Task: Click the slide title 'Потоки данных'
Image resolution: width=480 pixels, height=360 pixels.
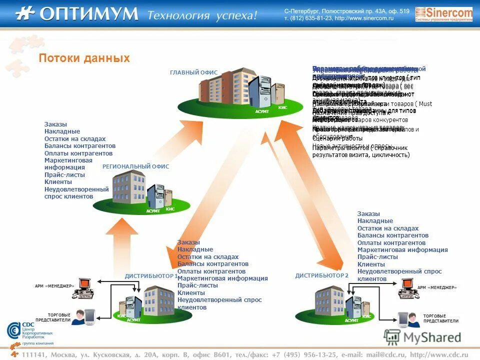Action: (x=84, y=58)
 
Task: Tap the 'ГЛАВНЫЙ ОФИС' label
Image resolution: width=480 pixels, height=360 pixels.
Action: (x=193, y=72)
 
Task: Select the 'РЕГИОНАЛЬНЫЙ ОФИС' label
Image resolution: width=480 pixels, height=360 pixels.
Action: (x=135, y=166)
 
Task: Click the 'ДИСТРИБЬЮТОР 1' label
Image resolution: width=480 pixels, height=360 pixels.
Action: (x=151, y=275)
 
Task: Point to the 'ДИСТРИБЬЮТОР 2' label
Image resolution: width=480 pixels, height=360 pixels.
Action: (x=321, y=275)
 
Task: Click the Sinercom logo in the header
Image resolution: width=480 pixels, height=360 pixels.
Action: (x=443, y=14)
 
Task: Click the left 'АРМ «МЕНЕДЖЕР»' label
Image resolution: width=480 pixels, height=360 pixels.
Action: (x=54, y=286)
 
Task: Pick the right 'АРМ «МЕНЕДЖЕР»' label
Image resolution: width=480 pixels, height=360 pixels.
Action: (x=437, y=287)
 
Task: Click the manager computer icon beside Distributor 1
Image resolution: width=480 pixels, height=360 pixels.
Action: (x=83, y=287)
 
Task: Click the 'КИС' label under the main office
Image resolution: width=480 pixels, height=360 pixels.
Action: (x=282, y=107)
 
